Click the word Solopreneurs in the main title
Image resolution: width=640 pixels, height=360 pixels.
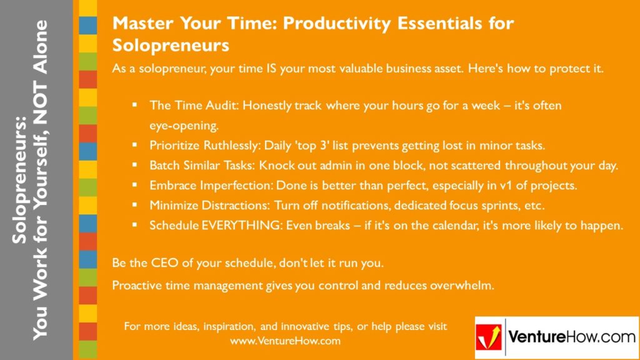pyautogui.click(x=171, y=45)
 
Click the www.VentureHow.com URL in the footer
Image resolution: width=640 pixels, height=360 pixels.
pyautogui.click(x=285, y=341)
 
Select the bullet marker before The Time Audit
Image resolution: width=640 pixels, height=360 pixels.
pyautogui.click(x=134, y=105)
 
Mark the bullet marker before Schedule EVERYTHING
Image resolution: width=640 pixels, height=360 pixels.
pyautogui.click(x=134, y=226)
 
